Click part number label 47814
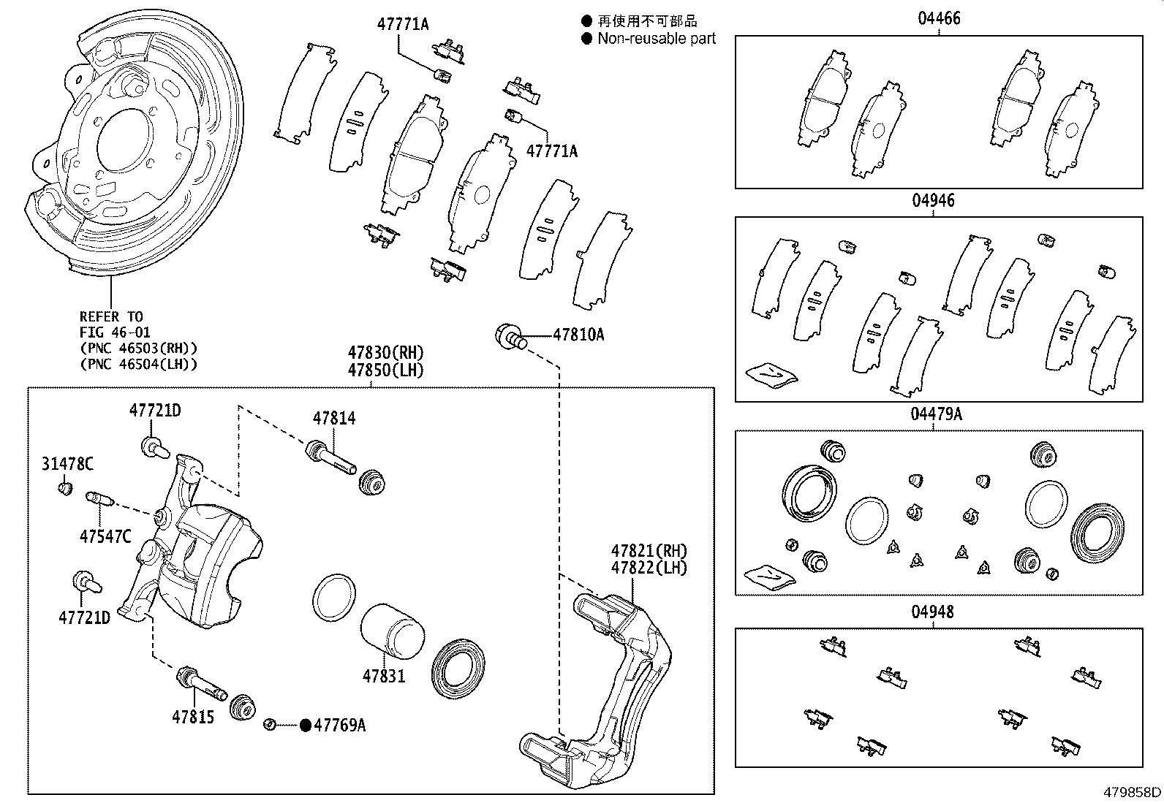(x=334, y=419)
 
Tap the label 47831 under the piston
(x=383, y=676)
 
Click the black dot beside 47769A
(x=306, y=725)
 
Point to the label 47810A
(x=578, y=335)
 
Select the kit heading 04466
(x=939, y=18)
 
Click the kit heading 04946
(x=933, y=201)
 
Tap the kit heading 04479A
(x=936, y=414)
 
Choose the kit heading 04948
(x=933, y=612)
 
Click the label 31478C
(x=67, y=464)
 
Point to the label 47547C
(x=105, y=537)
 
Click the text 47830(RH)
(x=385, y=354)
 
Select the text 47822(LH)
(x=649, y=568)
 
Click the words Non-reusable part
(x=657, y=39)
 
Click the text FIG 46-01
(x=115, y=332)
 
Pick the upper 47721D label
(x=155, y=411)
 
